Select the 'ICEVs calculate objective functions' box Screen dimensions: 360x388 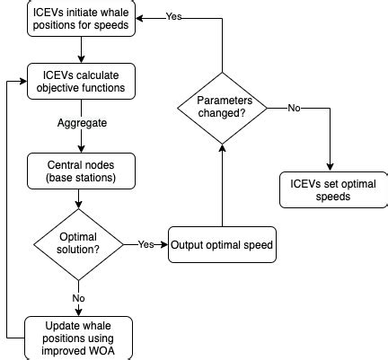tap(81, 81)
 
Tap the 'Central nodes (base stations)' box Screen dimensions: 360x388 tap(81, 172)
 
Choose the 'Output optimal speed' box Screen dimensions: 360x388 tap(221, 244)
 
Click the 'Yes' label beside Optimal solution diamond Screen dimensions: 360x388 tap(145, 244)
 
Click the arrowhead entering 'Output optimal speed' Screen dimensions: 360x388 tap(164, 244)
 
